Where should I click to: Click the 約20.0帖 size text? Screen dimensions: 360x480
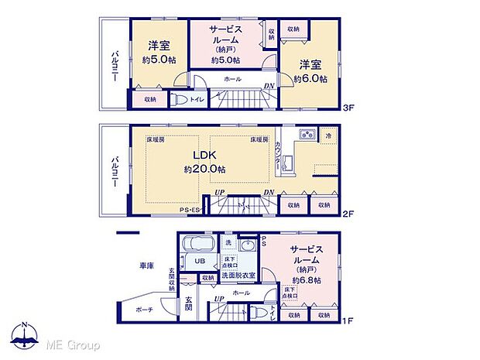tap(204, 169)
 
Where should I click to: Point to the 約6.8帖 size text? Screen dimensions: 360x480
tap(307, 279)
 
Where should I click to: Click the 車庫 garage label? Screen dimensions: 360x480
tap(146, 266)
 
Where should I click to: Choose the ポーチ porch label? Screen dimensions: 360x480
tap(144, 309)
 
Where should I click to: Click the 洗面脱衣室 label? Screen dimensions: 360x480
tap(238, 276)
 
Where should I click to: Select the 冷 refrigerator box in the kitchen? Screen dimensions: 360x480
tap(328, 135)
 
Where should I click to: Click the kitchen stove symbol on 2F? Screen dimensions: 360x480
tap(305, 135)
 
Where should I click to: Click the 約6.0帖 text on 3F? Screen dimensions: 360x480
tap(310, 78)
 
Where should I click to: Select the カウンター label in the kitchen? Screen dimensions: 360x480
tap(277, 158)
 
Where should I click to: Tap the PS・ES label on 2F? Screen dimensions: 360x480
tap(190, 209)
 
